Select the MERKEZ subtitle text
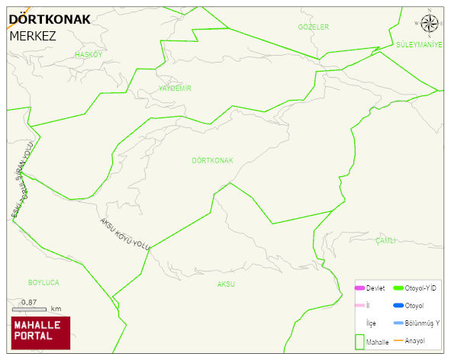click(33, 35)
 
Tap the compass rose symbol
click(430, 26)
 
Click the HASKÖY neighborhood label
click(89, 55)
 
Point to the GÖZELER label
click(314, 27)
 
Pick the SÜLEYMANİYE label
click(419, 45)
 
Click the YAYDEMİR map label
click(175, 88)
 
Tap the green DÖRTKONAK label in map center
click(212, 161)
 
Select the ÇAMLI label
click(385, 240)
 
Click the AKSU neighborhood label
click(226, 284)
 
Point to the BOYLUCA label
click(43, 282)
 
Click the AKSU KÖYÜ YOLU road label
click(125, 233)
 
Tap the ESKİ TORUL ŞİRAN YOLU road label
click(23, 179)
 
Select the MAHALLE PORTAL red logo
click(40, 332)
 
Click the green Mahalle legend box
click(359, 342)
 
